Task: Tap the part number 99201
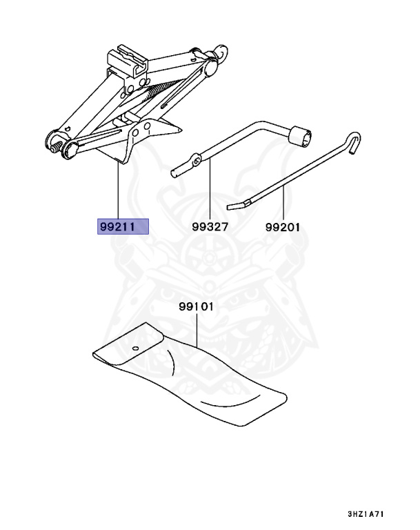[282, 226]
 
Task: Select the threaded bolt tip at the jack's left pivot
[53, 146]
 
